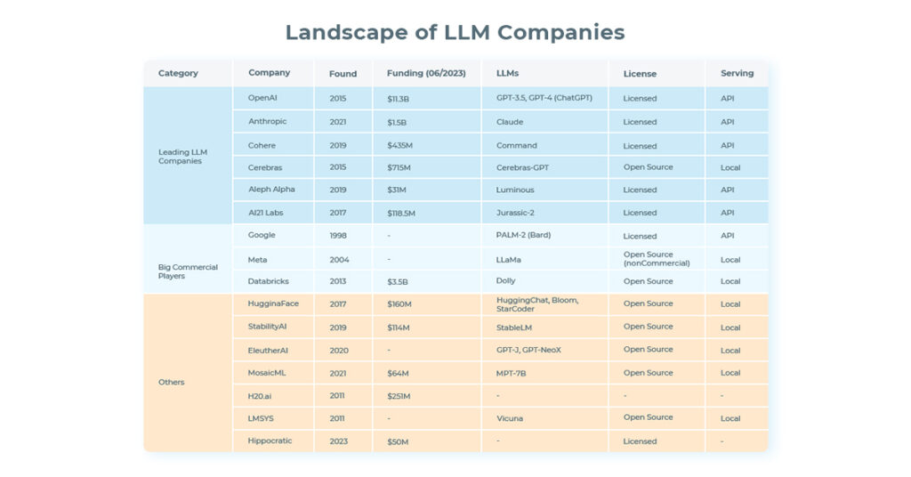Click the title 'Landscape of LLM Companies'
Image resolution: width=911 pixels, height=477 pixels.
[455, 33]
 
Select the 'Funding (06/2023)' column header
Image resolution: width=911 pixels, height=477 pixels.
[423, 74]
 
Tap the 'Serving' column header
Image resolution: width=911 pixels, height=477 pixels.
[737, 73]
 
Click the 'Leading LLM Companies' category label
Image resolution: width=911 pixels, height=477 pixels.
[182, 157]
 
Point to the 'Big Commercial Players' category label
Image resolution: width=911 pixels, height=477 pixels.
[188, 271]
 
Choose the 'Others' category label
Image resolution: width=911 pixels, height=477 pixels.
[172, 382]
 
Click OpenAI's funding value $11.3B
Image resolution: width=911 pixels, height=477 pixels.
[398, 99]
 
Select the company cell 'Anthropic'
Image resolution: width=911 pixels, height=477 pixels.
[267, 122]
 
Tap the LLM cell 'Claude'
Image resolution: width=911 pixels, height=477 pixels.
[510, 122]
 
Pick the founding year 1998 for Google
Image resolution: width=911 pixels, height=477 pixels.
[339, 236]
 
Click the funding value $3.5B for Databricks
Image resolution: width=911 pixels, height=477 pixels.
[397, 281]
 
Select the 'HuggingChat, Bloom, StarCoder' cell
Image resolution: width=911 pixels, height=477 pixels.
[537, 304]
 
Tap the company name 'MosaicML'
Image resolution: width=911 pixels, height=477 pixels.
[268, 373]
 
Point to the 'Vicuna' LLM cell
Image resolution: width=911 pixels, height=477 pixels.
[510, 418]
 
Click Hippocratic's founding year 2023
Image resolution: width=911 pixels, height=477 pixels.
[339, 441]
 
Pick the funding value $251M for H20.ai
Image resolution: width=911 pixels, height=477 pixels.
[399, 396]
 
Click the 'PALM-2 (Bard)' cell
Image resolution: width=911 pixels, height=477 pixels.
[527, 236]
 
